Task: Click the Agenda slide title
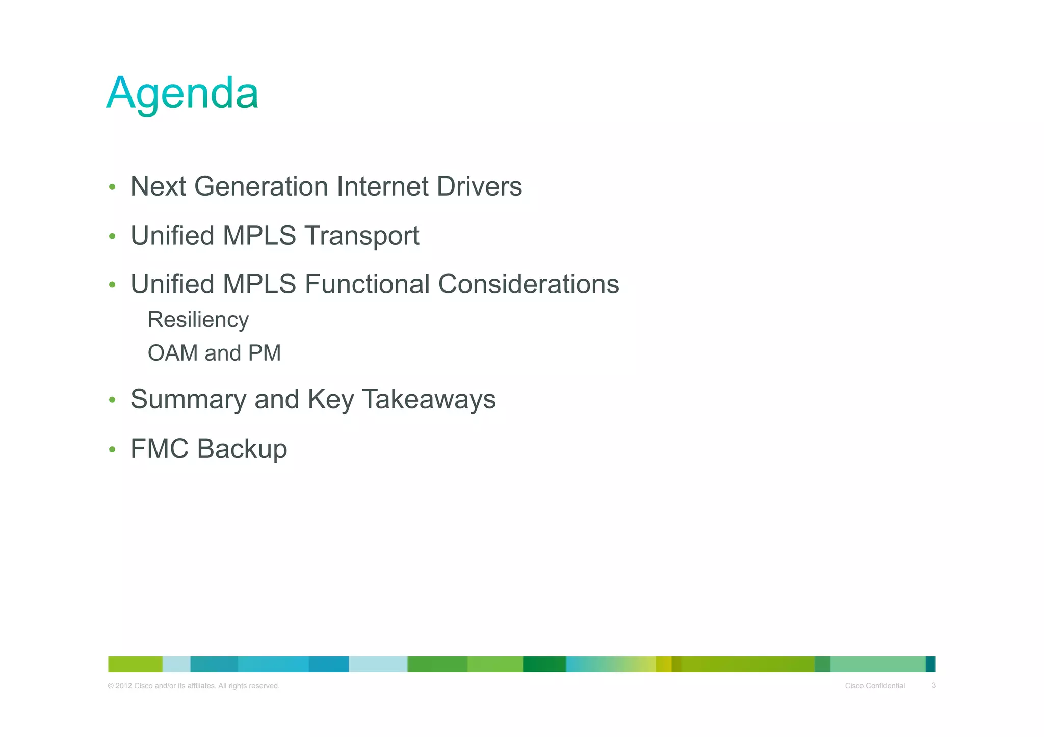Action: (x=182, y=93)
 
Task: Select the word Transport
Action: (x=361, y=236)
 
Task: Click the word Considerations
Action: (x=529, y=284)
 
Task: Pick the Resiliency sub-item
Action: (x=198, y=320)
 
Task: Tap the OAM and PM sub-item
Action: (x=214, y=353)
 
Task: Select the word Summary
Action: (x=188, y=399)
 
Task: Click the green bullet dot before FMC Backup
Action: (x=112, y=450)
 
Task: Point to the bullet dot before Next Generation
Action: (x=112, y=187)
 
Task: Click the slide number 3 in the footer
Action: (x=933, y=685)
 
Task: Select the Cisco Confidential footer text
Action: (x=875, y=686)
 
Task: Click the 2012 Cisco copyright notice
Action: (x=194, y=686)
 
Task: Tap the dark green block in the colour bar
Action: (x=544, y=664)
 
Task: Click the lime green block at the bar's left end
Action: (x=135, y=664)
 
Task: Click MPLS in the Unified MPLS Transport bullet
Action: (x=259, y=236)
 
